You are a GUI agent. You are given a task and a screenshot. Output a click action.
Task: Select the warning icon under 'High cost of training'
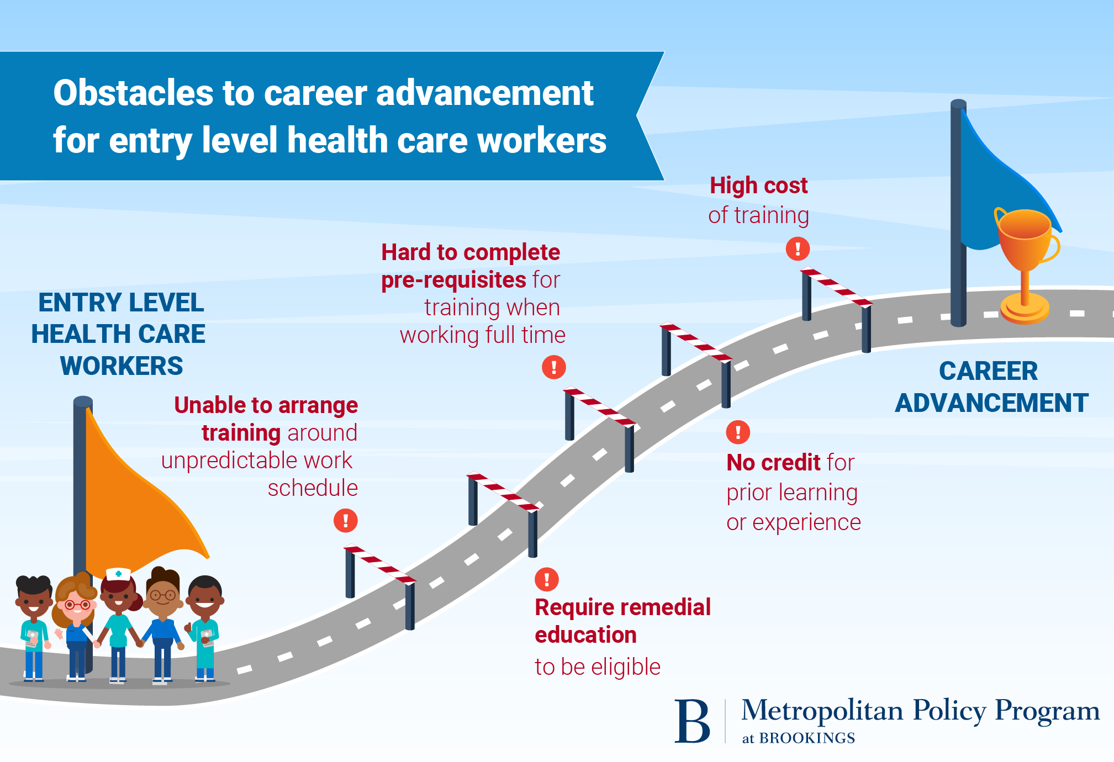click(x=798, y=248)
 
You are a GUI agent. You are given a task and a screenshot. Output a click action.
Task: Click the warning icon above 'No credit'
click(x=738, y=432)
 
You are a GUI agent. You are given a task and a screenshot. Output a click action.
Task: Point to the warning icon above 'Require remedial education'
click(x=547, y=579)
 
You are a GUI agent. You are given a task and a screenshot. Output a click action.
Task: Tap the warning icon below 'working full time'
click(x=554, y=367)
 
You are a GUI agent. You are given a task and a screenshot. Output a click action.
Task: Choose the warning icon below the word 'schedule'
click(x=346, y=520)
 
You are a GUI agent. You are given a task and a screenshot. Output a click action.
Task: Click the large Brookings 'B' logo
click(x=692, y=721)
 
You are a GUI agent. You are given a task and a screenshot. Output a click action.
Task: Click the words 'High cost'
click(x=758, y=186)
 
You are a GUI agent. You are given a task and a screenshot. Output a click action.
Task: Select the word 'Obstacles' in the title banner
click(x=133, y=93)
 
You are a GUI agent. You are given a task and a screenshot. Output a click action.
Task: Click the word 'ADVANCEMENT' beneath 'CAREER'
click(x=991, y=403)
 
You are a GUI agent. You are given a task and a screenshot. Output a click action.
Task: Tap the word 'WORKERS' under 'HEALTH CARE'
click(x=122, y=366)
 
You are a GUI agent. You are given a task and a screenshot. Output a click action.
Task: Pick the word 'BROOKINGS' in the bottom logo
click(x=807, y=738)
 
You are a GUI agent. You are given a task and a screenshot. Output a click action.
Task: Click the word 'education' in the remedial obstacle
click(x=585, y=635)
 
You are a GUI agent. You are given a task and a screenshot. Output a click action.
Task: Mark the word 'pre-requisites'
click(x=453, y=280)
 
